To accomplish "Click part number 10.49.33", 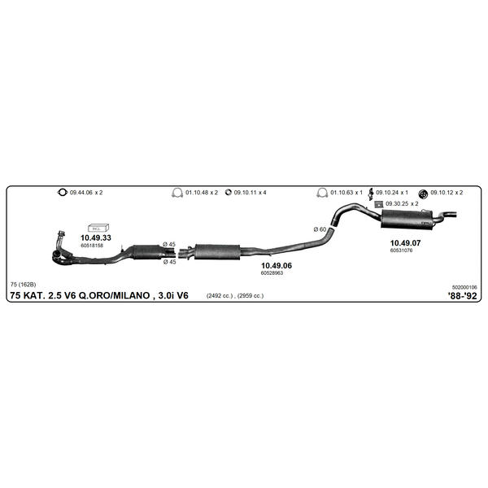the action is pos(96,237).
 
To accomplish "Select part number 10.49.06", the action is pos(277,265).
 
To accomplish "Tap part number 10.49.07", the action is pos(405,243).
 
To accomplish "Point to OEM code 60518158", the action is pos(92,246).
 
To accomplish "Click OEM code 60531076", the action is pos(401,251).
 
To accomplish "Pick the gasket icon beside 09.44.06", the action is pos(63,192).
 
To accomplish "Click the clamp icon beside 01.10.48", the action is pos(177,193).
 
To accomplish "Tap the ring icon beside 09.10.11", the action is pos(229,193).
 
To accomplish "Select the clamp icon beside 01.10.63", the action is pos(322,193).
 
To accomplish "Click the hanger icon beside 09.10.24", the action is pos(371,194).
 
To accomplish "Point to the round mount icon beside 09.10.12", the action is pos(423,194).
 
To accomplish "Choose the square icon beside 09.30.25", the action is pos(378,204).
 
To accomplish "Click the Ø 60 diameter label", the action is pos(320,229).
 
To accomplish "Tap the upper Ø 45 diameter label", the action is pos(169,244).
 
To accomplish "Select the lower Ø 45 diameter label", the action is pos(170,262).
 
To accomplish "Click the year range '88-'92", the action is pos(462,296).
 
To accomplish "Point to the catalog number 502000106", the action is pos(464,287).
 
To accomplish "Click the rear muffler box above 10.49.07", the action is pos(407,220).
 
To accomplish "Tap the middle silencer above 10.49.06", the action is pos(217,252).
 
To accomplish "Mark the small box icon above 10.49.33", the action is pos(98,228).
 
